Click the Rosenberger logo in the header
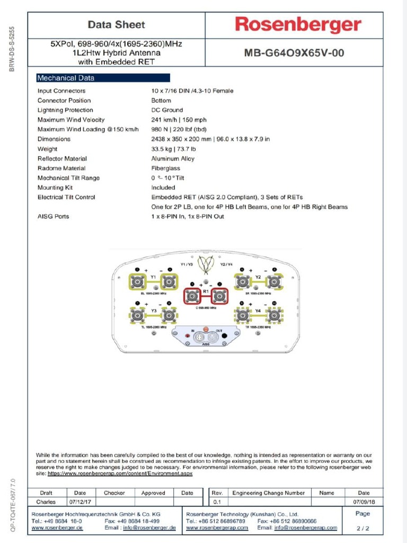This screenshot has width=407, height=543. [x=298, y=24]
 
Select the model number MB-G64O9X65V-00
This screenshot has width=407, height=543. [x=290, y=53]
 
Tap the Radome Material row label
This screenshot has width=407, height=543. [x=61, y=168]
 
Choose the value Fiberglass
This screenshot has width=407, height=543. [x=165, y=168]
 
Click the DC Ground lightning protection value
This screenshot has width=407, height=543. [x=167, y=110]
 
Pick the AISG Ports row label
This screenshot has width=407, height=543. [x=53, y=216]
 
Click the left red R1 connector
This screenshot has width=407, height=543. [x=192, y=296]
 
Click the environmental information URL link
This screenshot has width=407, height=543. [x=120, y=474]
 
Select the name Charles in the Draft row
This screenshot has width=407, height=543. [x=46, y=502]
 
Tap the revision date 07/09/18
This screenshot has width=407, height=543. [x=364, y=502]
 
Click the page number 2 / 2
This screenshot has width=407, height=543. [x=363, y=528]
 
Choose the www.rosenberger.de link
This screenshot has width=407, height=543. [x=57, y=528]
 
